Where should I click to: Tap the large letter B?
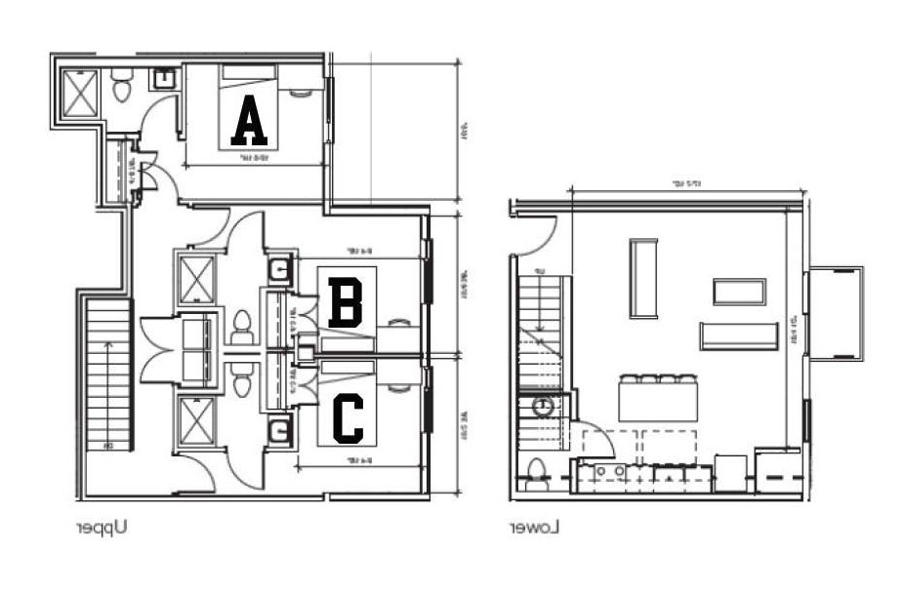[346, 303]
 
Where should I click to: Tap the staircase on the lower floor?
[539, 332]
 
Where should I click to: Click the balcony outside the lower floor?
[836, 313]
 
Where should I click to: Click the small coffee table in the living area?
[739, 292]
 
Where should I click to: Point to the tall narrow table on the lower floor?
[643, 278]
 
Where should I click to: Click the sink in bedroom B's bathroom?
[279, 268]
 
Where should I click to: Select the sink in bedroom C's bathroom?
[279, 427]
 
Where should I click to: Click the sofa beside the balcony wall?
[739, 335]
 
